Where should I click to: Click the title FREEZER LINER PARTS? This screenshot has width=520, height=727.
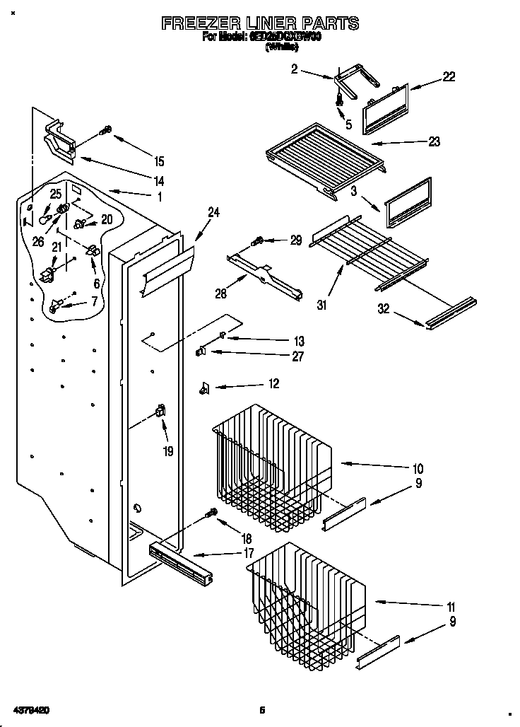pyautogui.click(x=260, y=23)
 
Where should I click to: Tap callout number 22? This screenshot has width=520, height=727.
pyautogui.click(x=449, y=77)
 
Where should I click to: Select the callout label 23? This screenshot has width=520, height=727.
pyautogui.click(x=434, y=141)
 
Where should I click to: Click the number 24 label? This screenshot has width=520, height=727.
pyautogui.click(x=213, y=211)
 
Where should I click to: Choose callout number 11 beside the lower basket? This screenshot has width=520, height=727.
pyautogui.click(x=450, y=607)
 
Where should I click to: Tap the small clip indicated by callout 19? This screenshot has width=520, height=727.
pyautogui.click(x=160, y=411)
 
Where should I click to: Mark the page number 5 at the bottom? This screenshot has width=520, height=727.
pyautogui.click(x=261, y=709)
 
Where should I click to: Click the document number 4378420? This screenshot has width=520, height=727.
pyautogui.click(x=31, y=709)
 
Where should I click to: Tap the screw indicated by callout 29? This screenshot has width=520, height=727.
pyautogui.click(x=259, y=241)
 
